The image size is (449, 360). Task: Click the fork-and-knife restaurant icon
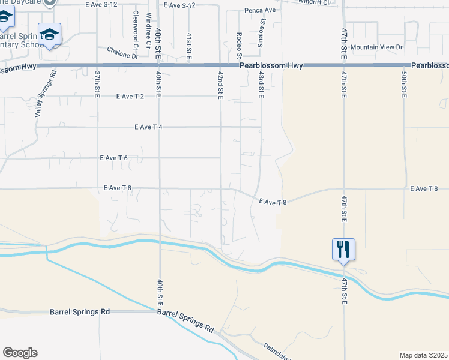pyautogui.click(x=343, y=249)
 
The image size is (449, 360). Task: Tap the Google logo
pyautogui.click(x=20, y=353)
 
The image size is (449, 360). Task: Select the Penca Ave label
pyautogui.click(x=259, y=10)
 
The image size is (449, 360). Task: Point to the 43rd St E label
pyautogui.click(x=261, y=83)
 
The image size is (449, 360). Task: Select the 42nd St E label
pyautogui.click(x=220, y=84)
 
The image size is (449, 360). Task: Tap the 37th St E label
pyautogui.click(x=97, y=83)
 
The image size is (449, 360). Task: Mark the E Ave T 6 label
pyautogui.click(x=114, y=158)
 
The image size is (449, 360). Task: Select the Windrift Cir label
pyautogui.click(x=314, y=2)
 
